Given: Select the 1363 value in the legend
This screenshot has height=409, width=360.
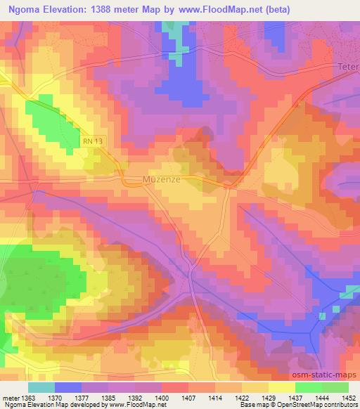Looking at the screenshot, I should pyautogui.click(x=27, y=398).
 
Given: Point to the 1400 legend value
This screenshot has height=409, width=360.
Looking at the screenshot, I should pyautogui.click(x=162, y=398).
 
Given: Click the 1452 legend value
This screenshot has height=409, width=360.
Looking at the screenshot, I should pyautogui.click(x=349, y=398).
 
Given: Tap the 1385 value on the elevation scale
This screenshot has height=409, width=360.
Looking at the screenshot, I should pyautogui.click(x=108, y=398).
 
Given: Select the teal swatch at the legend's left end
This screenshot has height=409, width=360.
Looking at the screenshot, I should pyautogui.click(x=41, y=387).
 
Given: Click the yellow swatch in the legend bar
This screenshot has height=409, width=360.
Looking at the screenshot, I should pyautogui.click(x=281, y=387).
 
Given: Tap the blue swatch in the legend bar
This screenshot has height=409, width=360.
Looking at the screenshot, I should pyautogui.click(x=67, y=387).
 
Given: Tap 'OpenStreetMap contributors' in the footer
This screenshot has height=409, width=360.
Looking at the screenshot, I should pyautogui.click(x=313, y=405).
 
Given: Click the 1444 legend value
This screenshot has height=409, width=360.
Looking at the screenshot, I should pyautogui.click(x=322, y=398).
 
